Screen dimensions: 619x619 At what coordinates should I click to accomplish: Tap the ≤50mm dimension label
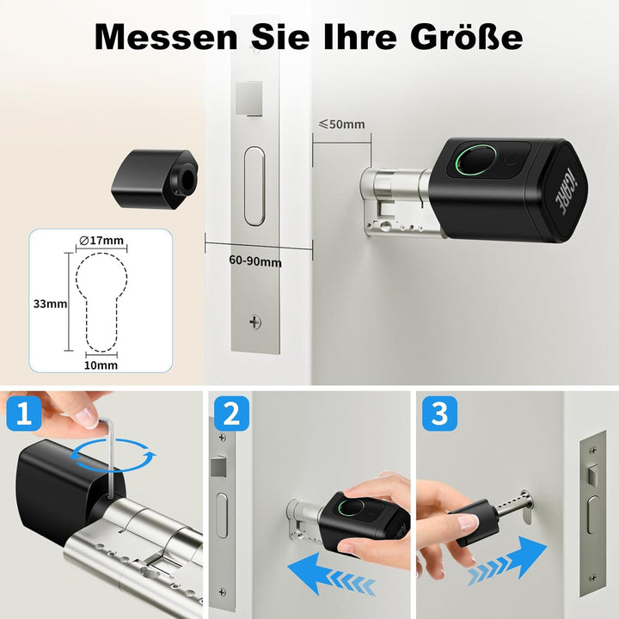[341, 124]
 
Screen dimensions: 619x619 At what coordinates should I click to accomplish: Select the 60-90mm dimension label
[255, 260]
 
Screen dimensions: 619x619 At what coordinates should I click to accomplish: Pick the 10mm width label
[101, 365]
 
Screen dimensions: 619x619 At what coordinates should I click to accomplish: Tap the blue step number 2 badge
[230, 416]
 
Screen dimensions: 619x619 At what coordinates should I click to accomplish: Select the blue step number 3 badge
[439, 416]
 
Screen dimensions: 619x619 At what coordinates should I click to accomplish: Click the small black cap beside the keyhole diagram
[154, 177]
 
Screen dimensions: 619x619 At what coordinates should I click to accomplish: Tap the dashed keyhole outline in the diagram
[101, 301]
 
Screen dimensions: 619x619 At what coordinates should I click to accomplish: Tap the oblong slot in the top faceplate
[255, 186]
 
